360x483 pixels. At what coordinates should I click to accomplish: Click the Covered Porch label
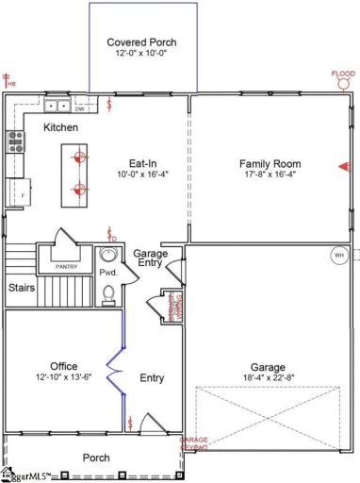[x=141, y=42]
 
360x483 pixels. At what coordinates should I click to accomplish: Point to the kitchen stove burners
[x=16, y=142]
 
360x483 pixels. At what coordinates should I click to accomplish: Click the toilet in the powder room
[x=107, y=295]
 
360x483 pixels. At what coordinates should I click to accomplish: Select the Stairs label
[x=23, y=287]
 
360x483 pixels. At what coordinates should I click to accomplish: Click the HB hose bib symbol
[x=11, y=81]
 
